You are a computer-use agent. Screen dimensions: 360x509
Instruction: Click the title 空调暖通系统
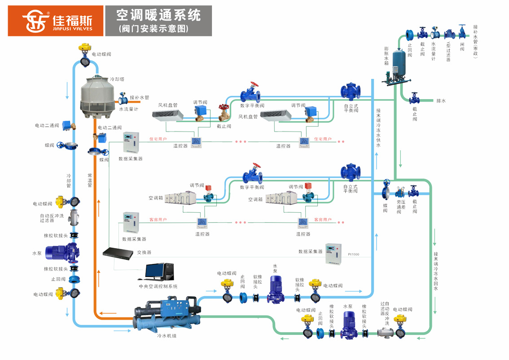click(158, 15)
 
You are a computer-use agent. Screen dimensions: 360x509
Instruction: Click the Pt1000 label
click(353, 255)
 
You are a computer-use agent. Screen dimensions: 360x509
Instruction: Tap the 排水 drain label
click(441, 101)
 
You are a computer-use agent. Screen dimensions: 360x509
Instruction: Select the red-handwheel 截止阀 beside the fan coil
click(224, 113)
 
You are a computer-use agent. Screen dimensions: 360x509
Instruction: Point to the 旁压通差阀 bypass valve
click(399, 193)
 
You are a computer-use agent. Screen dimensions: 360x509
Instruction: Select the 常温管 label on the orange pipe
click(90, 180)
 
